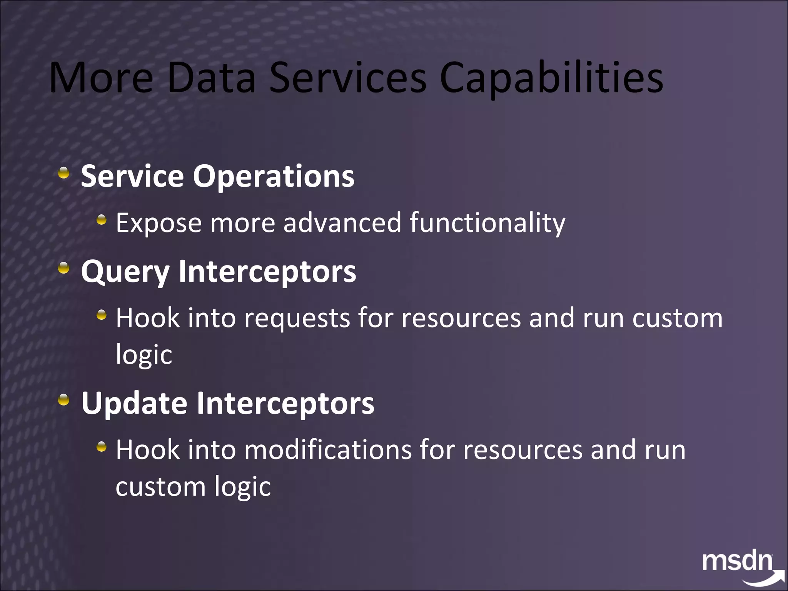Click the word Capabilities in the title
pos(551,79)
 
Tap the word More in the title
pos(101,78)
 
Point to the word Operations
pos(273,176)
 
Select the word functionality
pos(487,223)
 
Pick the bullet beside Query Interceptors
pos(64,268)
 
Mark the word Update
pos(134,403)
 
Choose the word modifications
pos(328,450)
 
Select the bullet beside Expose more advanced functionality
pos(101,220)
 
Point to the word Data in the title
pos(212,78)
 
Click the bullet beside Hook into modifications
pos(101,447)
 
